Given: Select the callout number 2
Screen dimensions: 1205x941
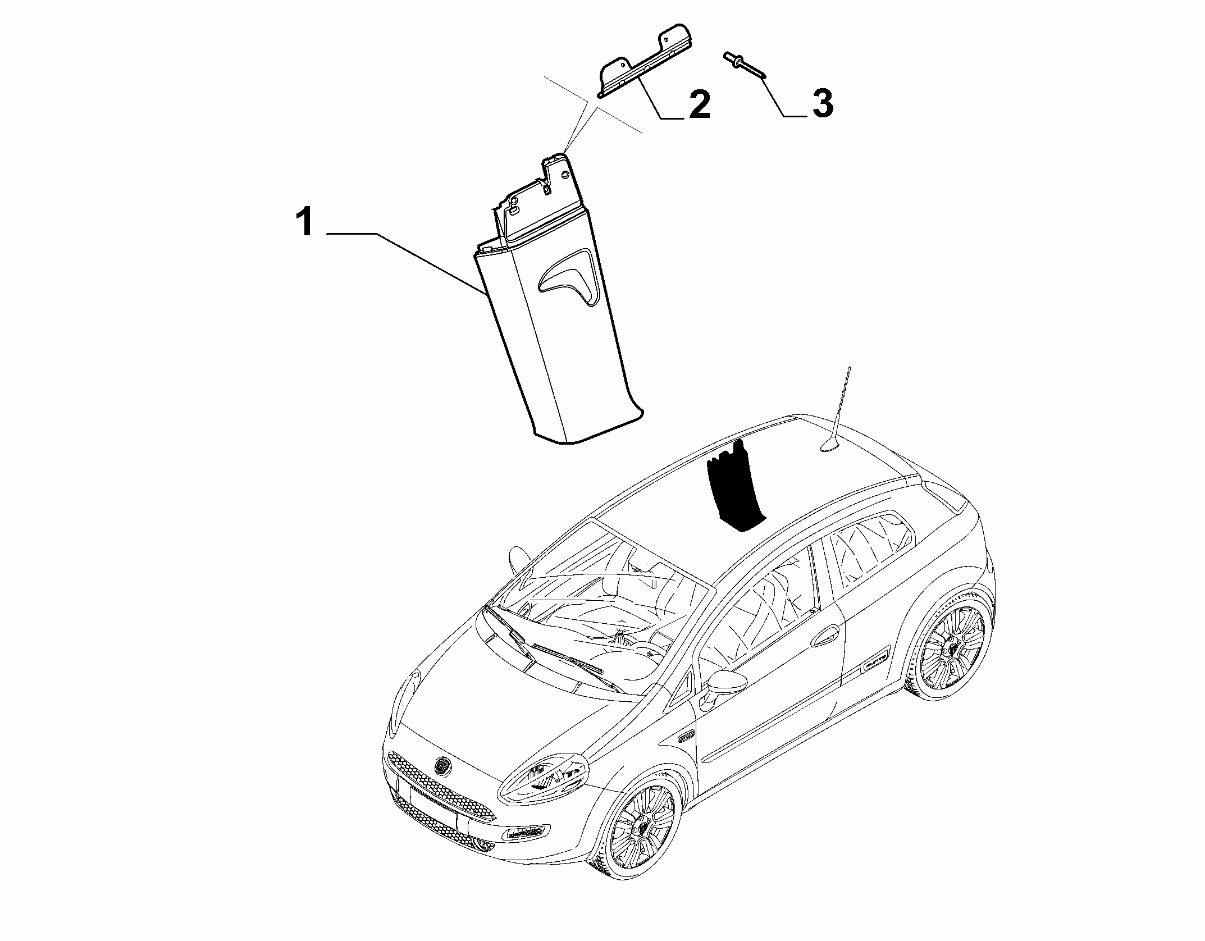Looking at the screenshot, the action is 699,105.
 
